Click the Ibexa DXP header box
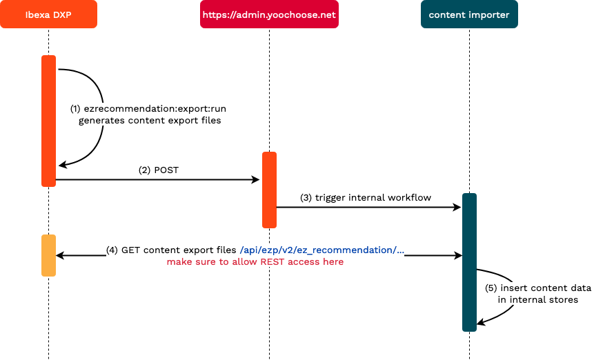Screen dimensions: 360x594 [48, 14]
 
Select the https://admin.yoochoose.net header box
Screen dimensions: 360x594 [269, 14]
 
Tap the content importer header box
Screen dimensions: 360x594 [469, 14]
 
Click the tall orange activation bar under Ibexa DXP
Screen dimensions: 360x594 [48, 121]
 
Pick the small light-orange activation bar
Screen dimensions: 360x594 [48, 255]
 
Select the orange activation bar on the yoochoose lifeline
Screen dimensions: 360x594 [269, 190]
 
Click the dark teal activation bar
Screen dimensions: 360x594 [469, 262]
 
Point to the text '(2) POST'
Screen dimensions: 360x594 [158, 170]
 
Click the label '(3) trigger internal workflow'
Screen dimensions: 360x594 [366, 197]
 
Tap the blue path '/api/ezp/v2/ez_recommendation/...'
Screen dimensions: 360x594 [321, 250]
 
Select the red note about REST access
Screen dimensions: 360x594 [255, 262]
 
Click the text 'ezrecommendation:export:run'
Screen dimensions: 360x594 [156, 108]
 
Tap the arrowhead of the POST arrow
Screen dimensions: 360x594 [255, 179]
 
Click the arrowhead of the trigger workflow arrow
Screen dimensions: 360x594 [456, 207]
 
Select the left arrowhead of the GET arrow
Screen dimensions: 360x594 [60, 255]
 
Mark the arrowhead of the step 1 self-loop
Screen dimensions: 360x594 [62, 165]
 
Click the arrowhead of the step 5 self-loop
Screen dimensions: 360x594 [482, 321]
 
